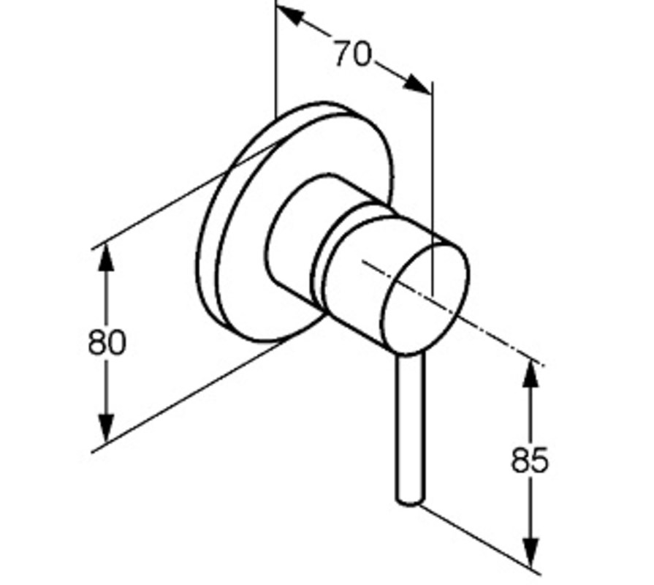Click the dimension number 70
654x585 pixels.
pos(352,53)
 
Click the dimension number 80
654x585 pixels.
pos(107,342)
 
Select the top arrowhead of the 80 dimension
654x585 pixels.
pos(107,259)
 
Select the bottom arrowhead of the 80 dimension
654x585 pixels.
pos(107,428)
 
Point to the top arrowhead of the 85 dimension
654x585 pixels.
pos(531,373)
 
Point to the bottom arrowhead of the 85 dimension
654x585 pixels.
pos(531,553)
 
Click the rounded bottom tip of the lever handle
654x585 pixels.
pos(409,501)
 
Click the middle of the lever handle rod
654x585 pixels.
pos(411,428)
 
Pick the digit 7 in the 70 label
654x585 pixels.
pos(343,53)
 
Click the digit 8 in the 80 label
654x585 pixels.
pos(97,342)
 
